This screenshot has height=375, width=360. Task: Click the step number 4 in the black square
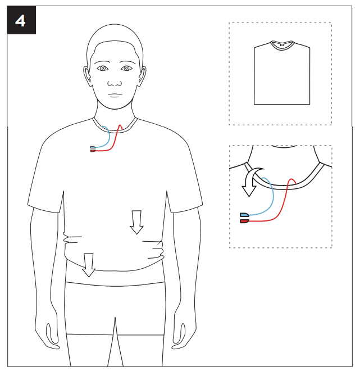coord(20,21)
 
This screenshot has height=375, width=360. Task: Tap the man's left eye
coord(126,69)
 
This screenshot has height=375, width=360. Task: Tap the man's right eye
coord(103,69)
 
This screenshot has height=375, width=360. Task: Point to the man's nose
coord(115,83)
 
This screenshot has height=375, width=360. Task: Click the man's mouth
coord(115,95)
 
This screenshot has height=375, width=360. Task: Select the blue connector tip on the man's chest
coord(93,147)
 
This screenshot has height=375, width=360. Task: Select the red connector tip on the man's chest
coord(93,151)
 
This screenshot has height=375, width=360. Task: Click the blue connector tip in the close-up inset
coord(244,215)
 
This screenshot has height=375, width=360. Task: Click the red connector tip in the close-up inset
coord(244,221)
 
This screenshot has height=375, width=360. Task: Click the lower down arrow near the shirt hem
coord(89,265)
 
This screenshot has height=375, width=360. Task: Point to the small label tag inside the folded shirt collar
coord(282,44)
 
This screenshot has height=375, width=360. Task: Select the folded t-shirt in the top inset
coord(282,73)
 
